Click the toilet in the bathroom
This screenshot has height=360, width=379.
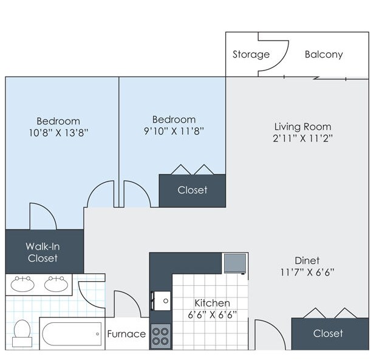[22, 333]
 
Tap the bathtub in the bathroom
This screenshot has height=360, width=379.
[72, 334]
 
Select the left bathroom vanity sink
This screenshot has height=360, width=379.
[22, 284]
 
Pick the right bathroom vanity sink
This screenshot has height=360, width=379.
[56, 284]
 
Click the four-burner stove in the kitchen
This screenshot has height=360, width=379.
[160, 336]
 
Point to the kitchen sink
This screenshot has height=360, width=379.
[161, 301]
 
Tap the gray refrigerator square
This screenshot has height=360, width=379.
[235, 263]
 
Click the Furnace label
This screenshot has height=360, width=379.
[126, 334]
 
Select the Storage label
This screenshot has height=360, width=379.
[251, 55]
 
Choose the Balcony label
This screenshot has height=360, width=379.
[324, 55]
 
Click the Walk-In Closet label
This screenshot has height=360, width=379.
[43, 252]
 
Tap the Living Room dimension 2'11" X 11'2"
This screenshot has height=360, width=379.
[302, 138]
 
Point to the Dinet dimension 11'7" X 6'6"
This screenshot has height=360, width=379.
[307, 273]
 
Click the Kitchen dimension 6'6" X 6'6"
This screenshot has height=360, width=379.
[212, 315]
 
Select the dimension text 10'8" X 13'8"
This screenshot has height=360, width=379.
[58, 132]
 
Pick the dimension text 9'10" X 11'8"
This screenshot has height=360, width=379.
[174, 131]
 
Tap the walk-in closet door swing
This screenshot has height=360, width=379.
[49, 211]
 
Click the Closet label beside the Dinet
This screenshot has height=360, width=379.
[328, 333]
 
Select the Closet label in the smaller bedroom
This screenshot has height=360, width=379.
[193, 190]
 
